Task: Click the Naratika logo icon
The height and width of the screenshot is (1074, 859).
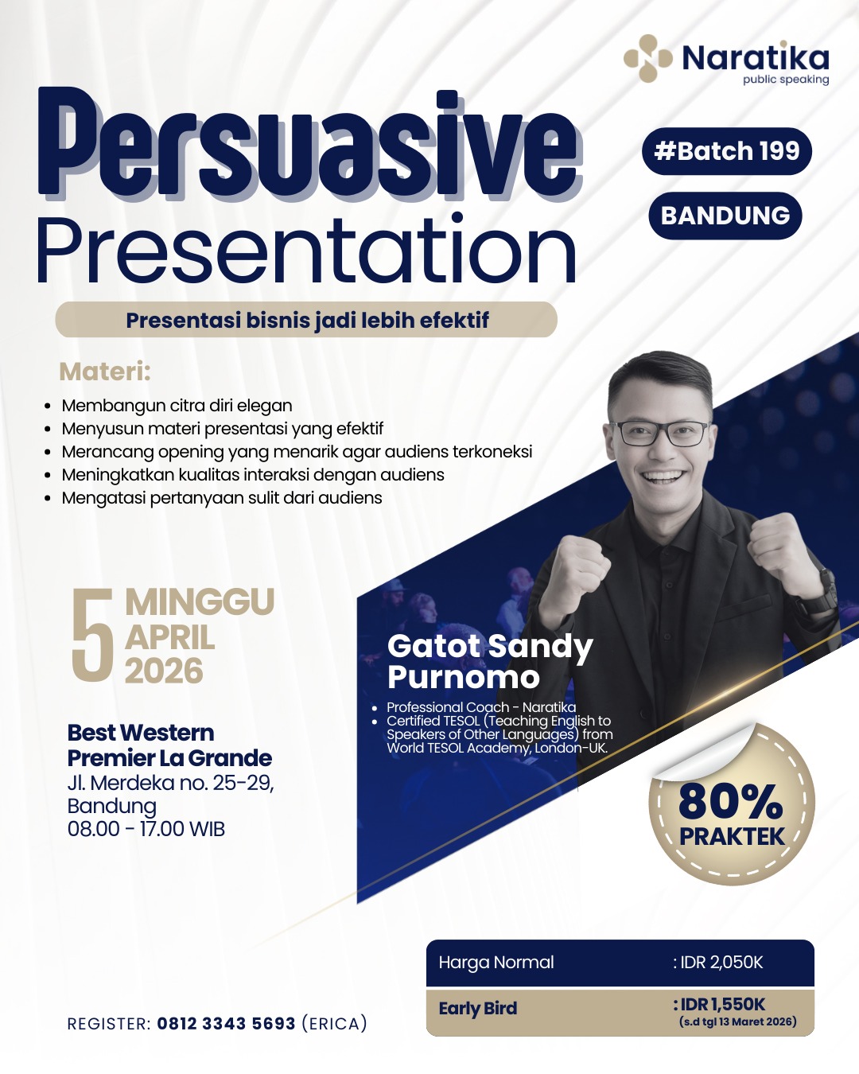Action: [648, 58]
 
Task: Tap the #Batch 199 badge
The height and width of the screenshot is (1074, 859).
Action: [727, 151]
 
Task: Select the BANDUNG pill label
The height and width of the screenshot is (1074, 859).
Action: [725, 216]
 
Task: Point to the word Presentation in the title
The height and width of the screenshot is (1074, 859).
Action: [307, 250]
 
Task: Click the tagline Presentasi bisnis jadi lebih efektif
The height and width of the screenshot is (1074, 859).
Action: [307, 320]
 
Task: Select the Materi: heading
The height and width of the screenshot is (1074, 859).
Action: [105, 372]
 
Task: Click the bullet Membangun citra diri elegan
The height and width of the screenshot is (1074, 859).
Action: [177, 406]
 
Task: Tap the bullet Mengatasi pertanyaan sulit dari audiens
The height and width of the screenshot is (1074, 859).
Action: [222, 497]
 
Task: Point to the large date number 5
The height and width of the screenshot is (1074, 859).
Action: [92, 635]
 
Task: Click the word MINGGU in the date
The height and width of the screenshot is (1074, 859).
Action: [200, 602]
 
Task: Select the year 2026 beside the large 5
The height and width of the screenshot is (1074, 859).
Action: [164, 670]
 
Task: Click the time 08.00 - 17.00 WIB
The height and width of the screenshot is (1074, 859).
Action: [146, 829]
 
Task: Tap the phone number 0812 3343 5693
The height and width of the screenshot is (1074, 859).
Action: [226, 1024]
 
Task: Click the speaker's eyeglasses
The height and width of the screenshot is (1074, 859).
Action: [660, 434]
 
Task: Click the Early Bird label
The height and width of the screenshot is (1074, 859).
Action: [478, 1009]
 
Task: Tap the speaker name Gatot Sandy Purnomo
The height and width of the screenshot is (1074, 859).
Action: [490, 662]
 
